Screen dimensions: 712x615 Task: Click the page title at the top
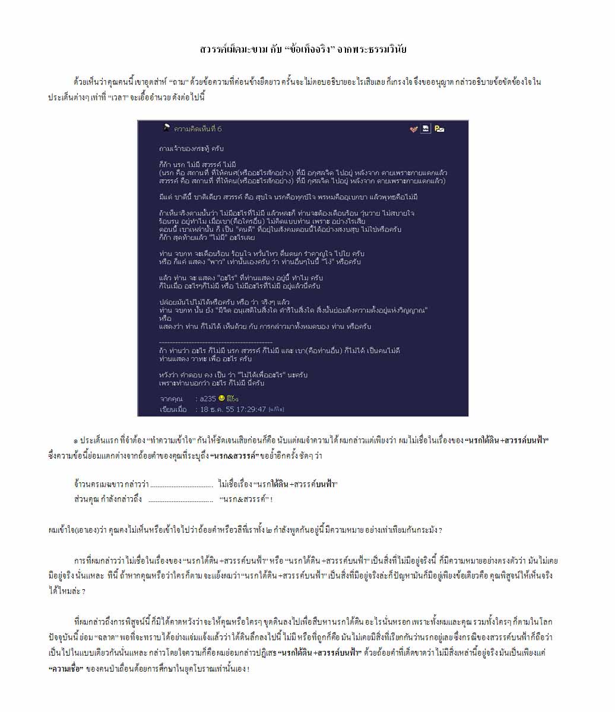[303, 49]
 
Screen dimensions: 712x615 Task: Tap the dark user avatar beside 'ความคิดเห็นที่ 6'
[167, 128]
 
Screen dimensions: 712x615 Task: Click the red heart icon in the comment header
[414, 129]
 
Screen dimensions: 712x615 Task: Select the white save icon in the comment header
[426, 128]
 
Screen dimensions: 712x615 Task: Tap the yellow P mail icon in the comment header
[439, 128]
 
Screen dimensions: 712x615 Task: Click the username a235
[207, 399]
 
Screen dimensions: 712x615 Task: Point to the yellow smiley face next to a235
[221, 398]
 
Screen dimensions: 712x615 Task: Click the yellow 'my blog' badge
[232, 398]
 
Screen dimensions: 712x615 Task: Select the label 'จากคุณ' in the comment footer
[171, 399]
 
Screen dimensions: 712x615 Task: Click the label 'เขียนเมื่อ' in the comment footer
[173, 409]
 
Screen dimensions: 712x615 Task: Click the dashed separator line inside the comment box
[215, 342]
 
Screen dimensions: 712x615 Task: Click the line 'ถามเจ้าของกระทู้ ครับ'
[192, 148]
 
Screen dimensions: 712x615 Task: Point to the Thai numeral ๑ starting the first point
[75, 441]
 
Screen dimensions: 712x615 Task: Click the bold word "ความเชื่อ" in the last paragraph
[65, 669]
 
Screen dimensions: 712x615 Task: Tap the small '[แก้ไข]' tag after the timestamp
[276, 409]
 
